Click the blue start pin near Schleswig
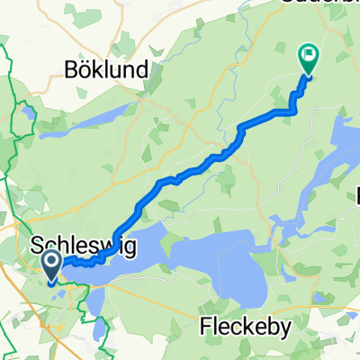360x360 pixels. [x=50, y=267]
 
